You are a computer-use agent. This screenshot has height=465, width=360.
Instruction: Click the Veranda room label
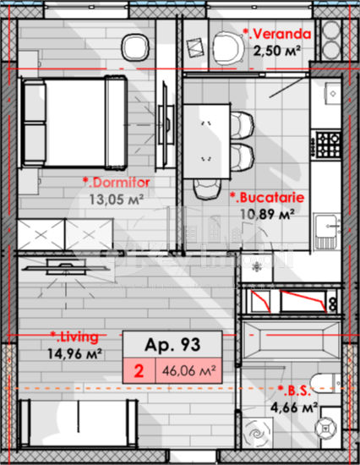tap(277, 34)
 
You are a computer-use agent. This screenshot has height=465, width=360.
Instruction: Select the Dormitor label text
tap(117, 183)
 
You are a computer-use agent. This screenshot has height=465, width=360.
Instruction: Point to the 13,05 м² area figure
tap(117, 200)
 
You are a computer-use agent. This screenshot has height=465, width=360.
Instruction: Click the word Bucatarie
tap(268, 198)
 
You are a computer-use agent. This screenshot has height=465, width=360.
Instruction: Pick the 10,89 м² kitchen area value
tap(267, 214)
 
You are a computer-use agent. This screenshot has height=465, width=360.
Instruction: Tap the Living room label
tap(74, 337)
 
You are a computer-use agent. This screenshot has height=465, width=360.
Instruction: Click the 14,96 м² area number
tap(74, 353)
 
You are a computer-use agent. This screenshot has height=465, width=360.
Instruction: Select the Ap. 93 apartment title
tap(172, 345)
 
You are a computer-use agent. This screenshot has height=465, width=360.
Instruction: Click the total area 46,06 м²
tap(189, 370)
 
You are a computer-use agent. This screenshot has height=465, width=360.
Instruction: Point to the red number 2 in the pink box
tap(139, 371)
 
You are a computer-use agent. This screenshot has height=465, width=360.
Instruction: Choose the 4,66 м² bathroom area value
tap(294, 408)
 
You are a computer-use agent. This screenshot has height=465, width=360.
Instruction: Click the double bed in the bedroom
tap(73, 123)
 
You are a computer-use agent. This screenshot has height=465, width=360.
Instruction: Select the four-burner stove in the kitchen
tap(328, 145)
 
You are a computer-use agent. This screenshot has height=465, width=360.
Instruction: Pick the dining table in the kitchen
tap(207, 141)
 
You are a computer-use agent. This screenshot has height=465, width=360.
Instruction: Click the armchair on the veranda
tap(228, 48)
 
